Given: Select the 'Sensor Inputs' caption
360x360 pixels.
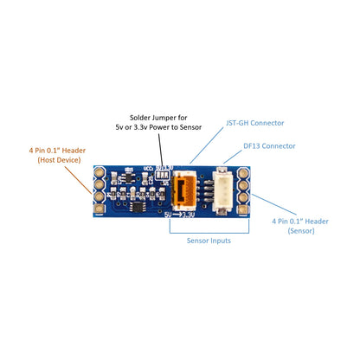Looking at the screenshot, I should coord(209,241).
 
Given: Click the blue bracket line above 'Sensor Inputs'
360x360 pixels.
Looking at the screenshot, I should coord(209,230).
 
